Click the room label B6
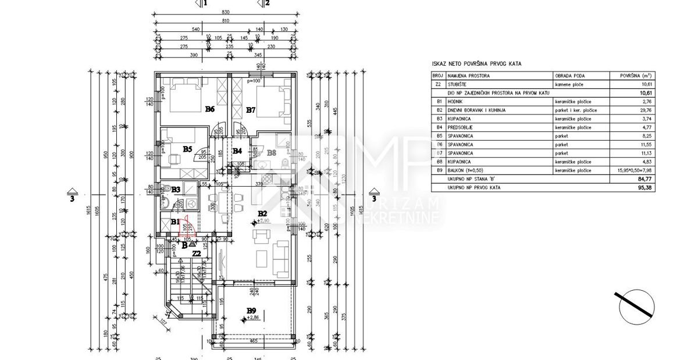pyautogui.click(x=210, y=109)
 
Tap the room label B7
pyautogui.click(x=251, y=109)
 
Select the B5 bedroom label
pyautogui.click(x=187, y=149)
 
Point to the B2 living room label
pyautogui.click(x=262, y=213)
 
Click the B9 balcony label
pyautogui.click(x=251, y=311)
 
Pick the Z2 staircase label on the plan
pyautogui.click(x=197, y=254)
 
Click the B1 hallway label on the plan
pyautogui.click(x=175, y=222)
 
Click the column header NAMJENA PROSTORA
pyautogui.click(x=469, y=76)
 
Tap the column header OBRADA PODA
pyautogui.click(x=569, y=76)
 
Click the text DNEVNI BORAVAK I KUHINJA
pyautogui.click(x=476, y=109)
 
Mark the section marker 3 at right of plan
pyautogui.click(x=373, y=195)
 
